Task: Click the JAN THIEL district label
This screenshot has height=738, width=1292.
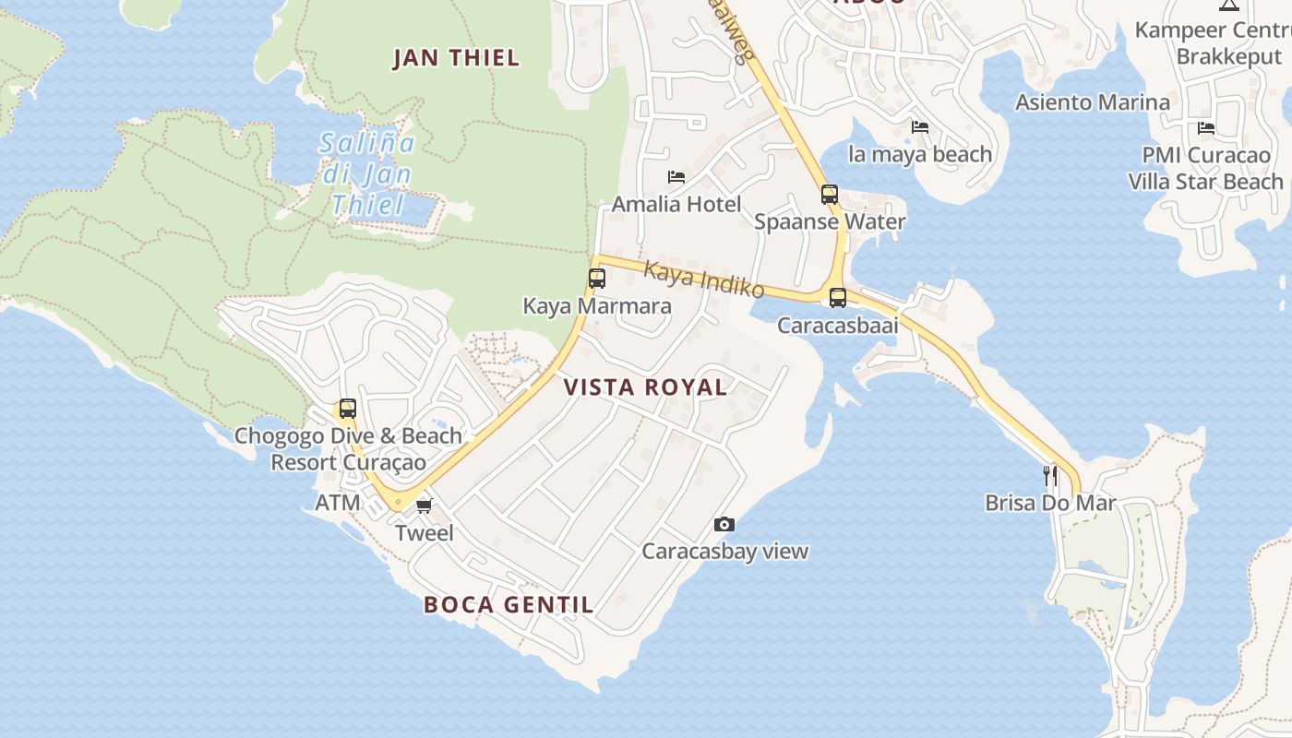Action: (456, 58)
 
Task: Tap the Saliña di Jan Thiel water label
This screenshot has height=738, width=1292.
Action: (367, 173)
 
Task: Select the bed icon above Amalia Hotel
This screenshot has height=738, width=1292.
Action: (676, 177)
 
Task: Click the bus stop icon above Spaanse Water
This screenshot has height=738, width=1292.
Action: (830, 195)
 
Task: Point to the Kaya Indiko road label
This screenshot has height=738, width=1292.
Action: (704, 280)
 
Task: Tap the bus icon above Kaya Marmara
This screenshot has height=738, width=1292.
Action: (597, 278)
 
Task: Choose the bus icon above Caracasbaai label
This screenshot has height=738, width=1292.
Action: (838, 298)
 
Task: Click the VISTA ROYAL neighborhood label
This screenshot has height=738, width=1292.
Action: (645, 387)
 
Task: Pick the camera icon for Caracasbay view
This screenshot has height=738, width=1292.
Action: (724, 525)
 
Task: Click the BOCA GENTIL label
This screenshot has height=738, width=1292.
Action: (508, 605)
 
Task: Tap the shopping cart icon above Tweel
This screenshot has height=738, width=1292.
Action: (424, 506)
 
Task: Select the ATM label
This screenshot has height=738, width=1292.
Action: (338, 504)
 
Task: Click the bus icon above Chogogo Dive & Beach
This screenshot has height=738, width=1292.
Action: (348, 409)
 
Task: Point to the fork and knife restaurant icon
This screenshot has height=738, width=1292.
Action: (1050, 476)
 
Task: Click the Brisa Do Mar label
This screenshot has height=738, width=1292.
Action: (1050, 504)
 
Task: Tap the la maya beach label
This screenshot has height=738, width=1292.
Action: (920, 154)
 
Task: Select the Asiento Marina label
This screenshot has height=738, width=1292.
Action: (1093, 102)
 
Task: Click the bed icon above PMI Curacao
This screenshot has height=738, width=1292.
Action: (1205, 128)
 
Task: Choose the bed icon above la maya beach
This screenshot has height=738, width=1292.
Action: (920, 127)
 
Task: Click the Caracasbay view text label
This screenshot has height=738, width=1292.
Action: (724, 552)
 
